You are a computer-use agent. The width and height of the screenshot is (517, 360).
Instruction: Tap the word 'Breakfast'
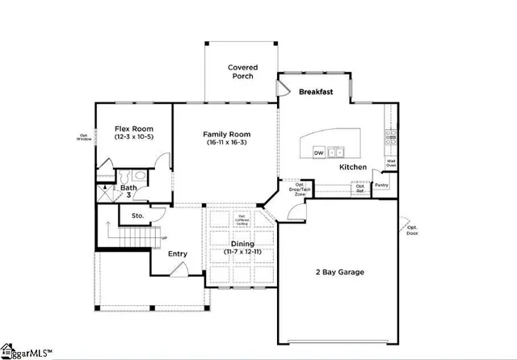(x=316, y=92)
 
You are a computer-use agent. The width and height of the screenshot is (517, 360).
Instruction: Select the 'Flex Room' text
(x=133, y=129)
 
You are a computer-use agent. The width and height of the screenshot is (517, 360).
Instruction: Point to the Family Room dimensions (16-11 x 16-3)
(x=226, y=143)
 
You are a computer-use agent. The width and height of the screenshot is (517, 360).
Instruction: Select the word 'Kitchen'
(x=353, y=167)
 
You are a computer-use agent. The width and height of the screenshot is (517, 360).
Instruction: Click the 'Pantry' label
(x=382, y=185)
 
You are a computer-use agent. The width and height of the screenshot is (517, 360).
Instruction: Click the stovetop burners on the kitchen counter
(x=390, y=136)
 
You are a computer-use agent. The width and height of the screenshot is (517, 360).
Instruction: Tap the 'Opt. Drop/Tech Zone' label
(x=299, y=189)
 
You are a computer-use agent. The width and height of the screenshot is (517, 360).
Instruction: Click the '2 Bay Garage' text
(x=338, y=272)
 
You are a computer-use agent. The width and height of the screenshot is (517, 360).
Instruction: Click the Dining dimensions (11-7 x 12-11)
(x=242, y=252)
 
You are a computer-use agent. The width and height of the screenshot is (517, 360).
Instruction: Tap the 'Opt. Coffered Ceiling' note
(x=241, y=220)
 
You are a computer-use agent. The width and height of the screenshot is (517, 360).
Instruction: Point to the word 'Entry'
(x=178, y=254)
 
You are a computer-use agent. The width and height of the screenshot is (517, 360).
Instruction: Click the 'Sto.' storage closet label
(x=137, y=216)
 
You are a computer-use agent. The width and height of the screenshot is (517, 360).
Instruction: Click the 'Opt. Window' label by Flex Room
(x=85, y=137)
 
